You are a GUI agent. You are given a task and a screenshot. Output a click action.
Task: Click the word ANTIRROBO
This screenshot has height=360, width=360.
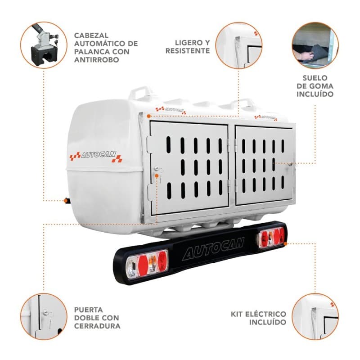[96, 60]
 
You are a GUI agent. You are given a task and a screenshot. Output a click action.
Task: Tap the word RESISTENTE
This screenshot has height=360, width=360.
[188, 51]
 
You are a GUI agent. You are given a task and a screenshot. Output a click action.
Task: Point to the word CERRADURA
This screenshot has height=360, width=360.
[97, 326]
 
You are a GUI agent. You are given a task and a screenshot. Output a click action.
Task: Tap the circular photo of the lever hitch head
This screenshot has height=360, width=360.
[44, 45]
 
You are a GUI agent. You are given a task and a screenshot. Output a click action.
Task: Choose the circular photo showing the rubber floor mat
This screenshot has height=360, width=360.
[315, 45]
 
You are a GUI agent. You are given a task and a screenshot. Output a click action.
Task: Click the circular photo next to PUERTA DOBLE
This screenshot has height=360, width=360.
[44, 317]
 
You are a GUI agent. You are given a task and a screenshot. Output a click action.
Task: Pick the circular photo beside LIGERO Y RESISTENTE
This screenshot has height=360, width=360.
[239, 45]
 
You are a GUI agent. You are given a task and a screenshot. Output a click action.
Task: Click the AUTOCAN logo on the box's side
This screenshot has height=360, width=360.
[96, 156]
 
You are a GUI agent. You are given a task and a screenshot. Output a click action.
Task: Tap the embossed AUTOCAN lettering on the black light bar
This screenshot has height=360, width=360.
[213, 249]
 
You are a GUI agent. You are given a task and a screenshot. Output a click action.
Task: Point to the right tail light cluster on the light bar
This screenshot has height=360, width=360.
[272, 238]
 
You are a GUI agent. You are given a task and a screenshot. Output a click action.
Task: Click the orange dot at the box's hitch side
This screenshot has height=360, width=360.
[66, 201]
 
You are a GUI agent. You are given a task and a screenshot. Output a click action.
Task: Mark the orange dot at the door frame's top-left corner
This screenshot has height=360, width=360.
[149, 116]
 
